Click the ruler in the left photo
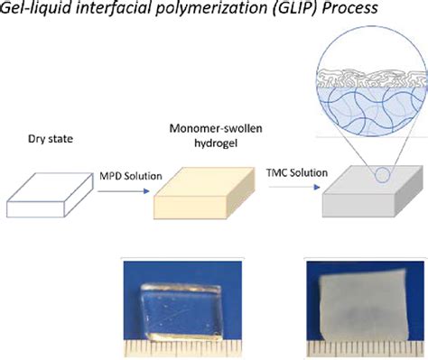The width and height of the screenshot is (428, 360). pos(176,346)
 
